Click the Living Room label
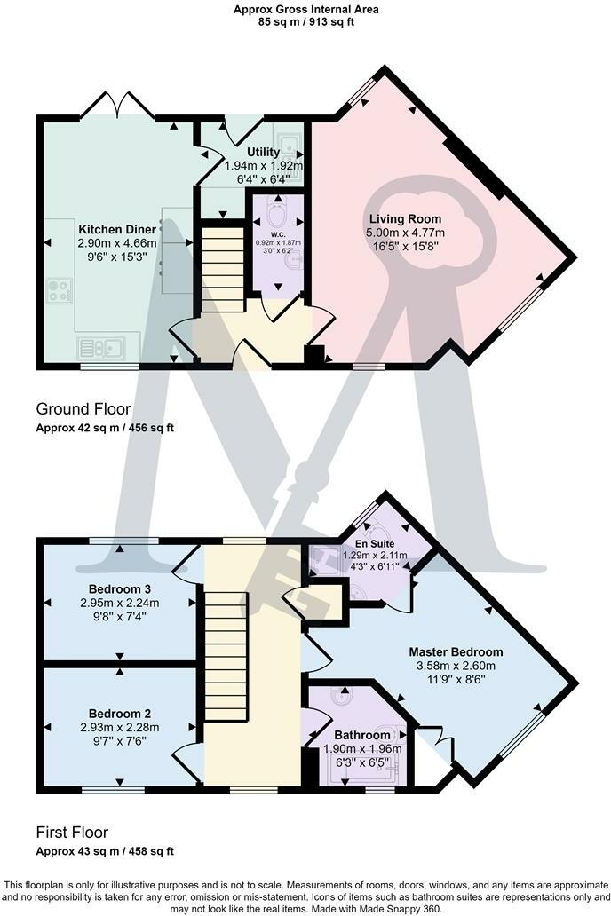(405, 219)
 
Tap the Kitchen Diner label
(117, 229)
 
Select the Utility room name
(263, 152)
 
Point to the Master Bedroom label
(456, 652)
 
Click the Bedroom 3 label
(115, 588)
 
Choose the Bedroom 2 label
(120, 714)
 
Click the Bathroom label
(362, 735)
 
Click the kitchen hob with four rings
(60, 290)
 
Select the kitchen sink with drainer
(101, 348)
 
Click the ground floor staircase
(223, 270)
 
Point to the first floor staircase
(226, 655)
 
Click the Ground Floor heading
(83, 409)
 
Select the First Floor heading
(72, 833)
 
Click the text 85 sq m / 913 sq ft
(305, 22)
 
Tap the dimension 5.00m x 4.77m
(405, 233)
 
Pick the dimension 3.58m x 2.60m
(456, 666)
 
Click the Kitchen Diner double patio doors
(117, 105)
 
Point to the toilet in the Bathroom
(340, 699)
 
